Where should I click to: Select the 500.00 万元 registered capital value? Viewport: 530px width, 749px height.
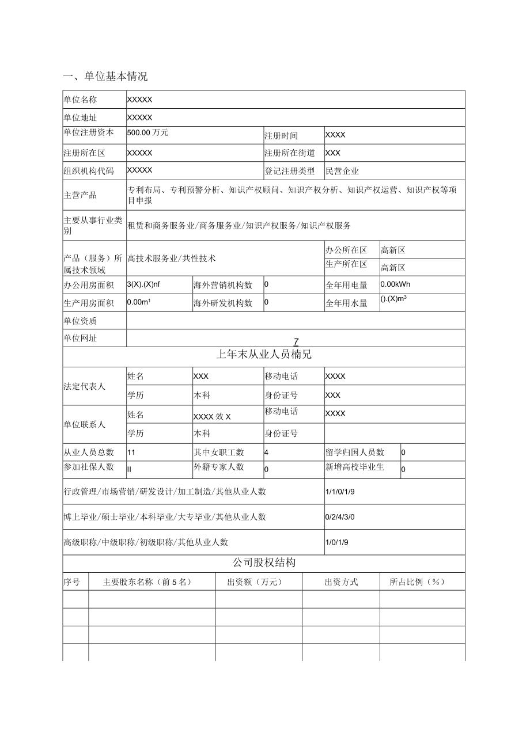coord(148,132)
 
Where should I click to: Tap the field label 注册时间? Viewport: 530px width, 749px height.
coord(281,136)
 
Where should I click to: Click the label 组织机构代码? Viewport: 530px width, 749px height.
coord(89,171)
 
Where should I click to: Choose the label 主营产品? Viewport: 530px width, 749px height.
coord(80,195)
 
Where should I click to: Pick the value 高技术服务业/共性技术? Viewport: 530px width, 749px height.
coord(171,258)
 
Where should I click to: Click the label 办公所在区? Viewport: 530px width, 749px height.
coord(346,250)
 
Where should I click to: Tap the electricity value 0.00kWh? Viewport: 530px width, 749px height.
coord(395,284)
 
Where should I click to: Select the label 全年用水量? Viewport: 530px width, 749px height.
coord(346,303)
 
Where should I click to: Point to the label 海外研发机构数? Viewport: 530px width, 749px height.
coord(222,303)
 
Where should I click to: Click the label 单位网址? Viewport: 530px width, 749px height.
coord(80,339)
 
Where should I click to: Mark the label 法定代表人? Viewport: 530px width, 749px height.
coord(84,386)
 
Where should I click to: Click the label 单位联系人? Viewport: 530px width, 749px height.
coord(84,424)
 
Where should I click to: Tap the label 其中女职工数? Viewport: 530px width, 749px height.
coord(218,453)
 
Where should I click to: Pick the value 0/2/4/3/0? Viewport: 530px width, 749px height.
coord(340,517)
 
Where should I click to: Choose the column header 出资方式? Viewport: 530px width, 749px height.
coord(341,582)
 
